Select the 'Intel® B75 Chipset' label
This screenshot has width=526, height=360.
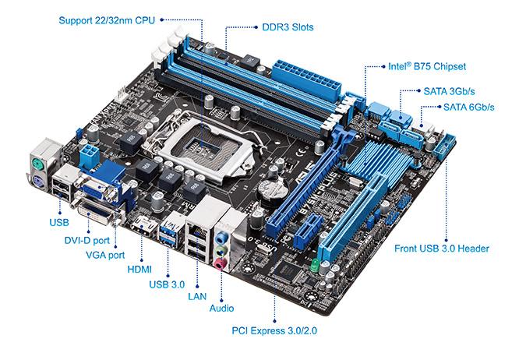point(427,67)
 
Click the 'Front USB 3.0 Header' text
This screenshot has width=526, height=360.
point(441,249)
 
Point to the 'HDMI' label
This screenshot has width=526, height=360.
point(139,269)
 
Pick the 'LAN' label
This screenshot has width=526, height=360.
point(198,297)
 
